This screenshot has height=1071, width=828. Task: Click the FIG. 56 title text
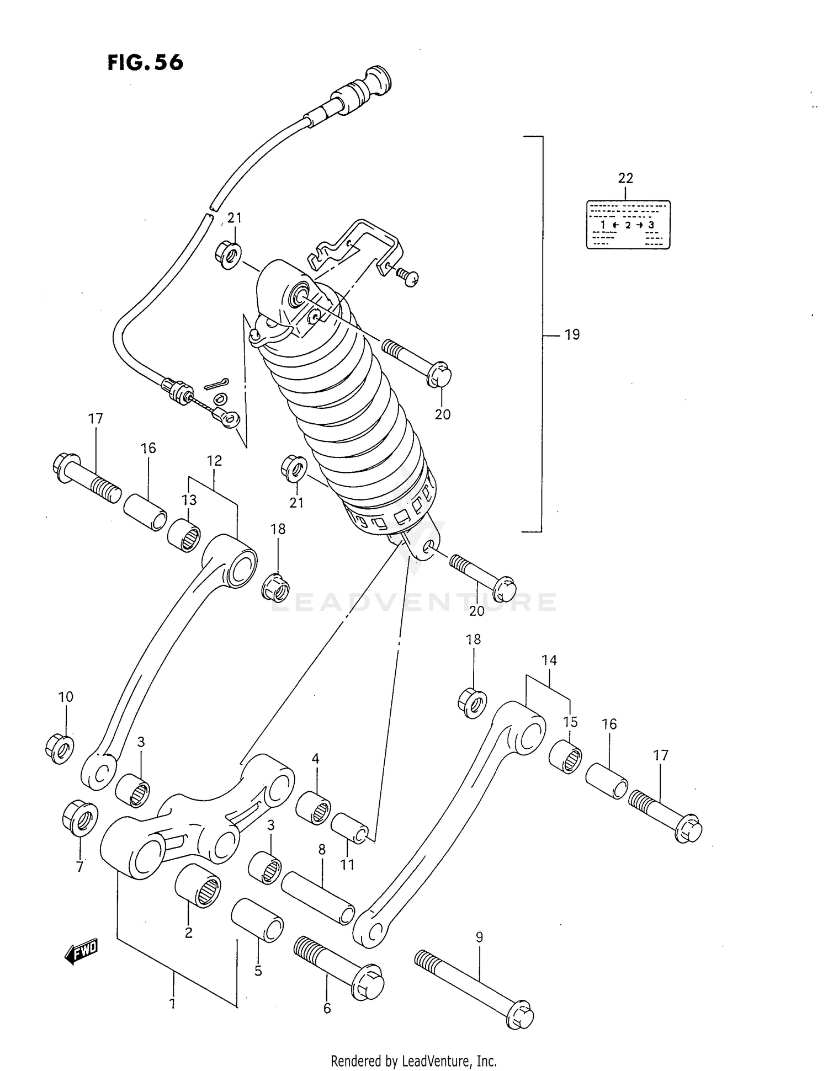point(145,62)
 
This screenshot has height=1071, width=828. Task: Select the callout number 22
point(625,178)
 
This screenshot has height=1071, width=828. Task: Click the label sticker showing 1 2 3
point(628,225)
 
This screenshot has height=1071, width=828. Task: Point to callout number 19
point(572,334)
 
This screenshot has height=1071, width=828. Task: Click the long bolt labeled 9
point(474,993)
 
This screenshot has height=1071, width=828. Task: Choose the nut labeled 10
point(60,748)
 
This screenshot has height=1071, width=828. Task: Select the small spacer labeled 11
point(349,828)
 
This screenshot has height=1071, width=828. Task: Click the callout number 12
point(214,461)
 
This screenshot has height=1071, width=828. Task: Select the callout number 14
point(549,660)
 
